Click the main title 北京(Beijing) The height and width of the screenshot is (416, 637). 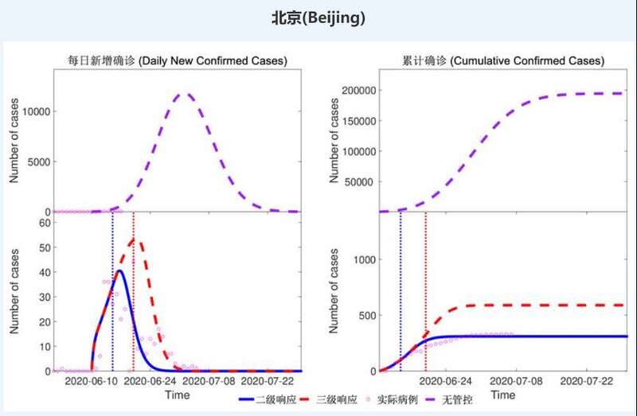click(x=318, y=17)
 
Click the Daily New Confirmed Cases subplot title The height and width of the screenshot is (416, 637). click(x=177, y=60)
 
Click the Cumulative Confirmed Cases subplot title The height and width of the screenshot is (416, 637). click(x=503, y=60)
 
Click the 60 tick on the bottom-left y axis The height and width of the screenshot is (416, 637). click(x=45, y=223)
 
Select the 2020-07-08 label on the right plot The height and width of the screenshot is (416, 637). click(x=515, y=383)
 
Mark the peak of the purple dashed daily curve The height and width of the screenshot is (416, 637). click(x=185, y=94)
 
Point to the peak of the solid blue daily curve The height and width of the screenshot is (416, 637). click(x=119, y=270)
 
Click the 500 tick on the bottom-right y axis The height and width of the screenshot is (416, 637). click(x=364, y=315)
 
